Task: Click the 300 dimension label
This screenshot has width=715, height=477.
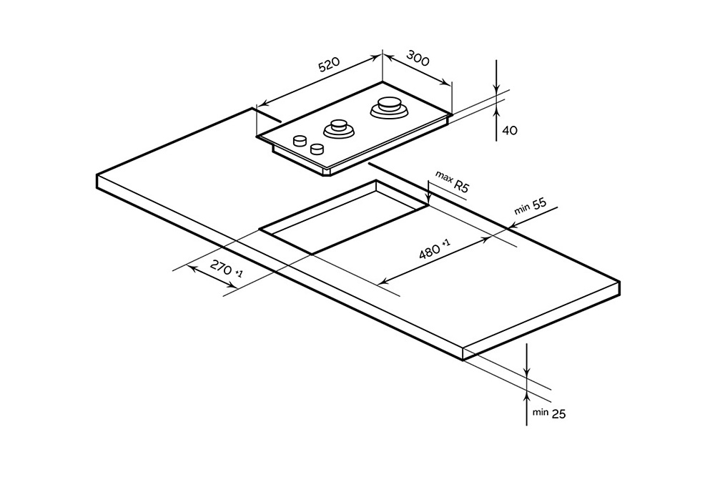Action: tap(418, 59)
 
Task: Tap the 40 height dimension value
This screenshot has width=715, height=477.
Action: tap(510, 130)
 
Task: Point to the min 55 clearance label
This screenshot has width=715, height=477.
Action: tap(530, 207)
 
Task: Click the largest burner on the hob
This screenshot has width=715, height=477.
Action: tap(390, 107)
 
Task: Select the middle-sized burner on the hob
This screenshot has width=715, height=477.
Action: tap(338, 129)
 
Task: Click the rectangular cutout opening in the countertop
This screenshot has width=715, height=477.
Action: tap(343, 218)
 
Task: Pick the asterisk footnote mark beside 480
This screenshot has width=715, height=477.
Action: tap(446, 244)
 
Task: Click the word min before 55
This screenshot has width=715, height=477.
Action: tap(521, 210)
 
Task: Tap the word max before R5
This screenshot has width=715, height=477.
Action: tap(444, 177)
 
